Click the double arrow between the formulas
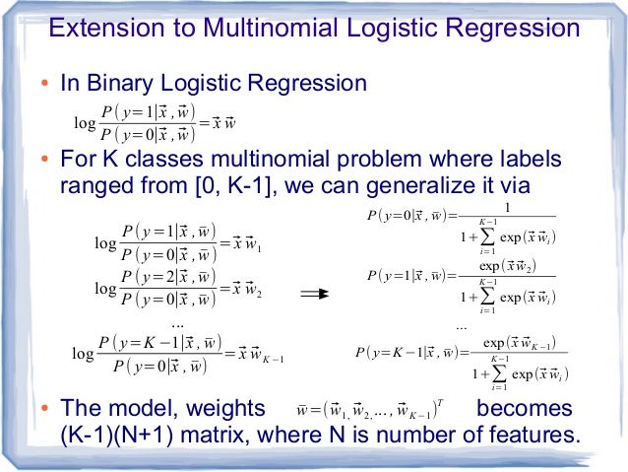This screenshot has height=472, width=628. tap(314, 293)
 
